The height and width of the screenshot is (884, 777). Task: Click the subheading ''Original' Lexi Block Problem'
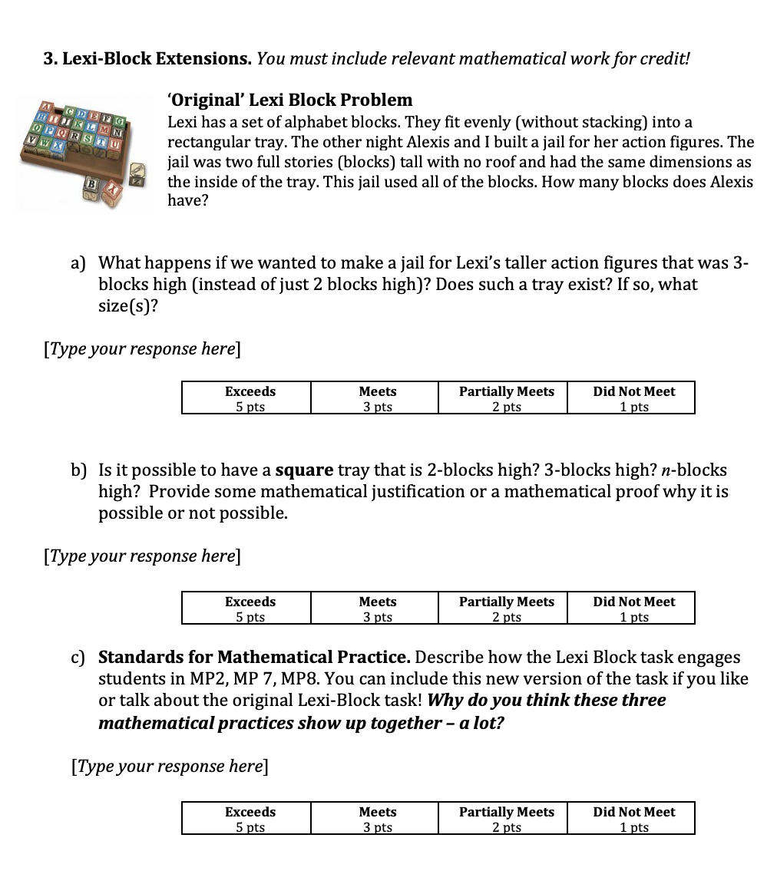[x=289, y=100]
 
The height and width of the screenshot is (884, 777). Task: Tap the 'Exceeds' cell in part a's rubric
[x=250, y=397]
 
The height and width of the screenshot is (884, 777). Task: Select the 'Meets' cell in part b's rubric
[x=377, y=608]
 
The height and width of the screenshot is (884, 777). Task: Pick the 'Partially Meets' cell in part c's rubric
[x=506, y=818]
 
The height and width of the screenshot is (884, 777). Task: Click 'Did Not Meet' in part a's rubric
[x=633, y=397]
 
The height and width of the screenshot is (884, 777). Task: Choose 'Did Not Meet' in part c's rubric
[x=633, y=818]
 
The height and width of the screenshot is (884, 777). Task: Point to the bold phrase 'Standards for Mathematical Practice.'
[x=254, y=658]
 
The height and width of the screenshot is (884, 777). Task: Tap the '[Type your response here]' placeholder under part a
[x=142, y=349]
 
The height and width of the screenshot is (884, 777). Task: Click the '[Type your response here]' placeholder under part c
[x=169, y=767]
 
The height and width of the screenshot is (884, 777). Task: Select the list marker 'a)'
[x=78, y=263]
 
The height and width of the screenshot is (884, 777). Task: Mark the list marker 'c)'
[x=78, y=658]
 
